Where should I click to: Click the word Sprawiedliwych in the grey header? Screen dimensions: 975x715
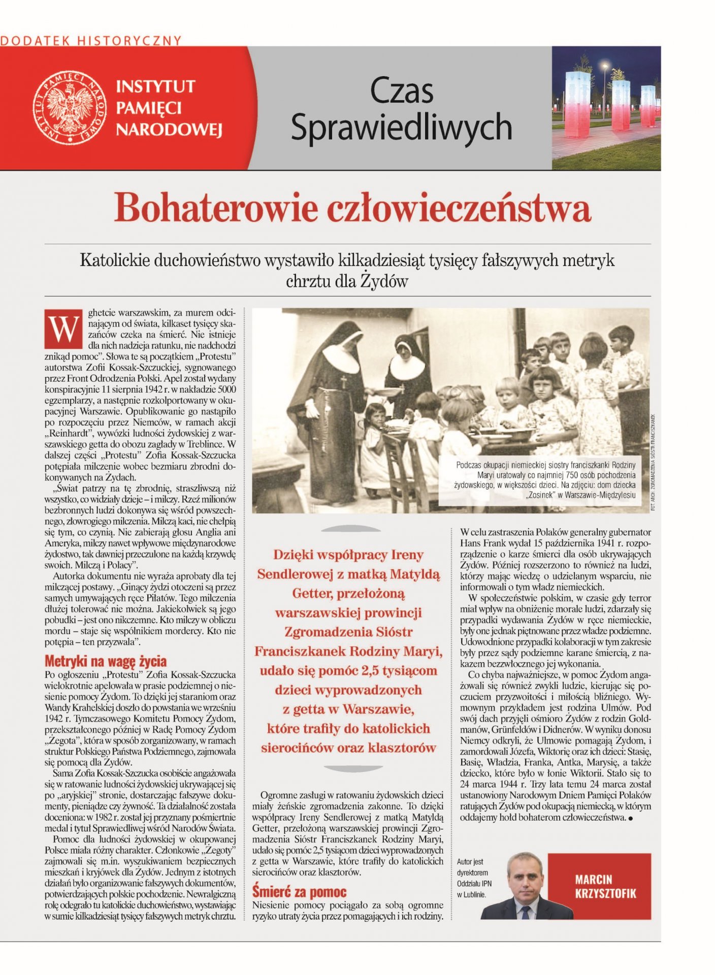401,127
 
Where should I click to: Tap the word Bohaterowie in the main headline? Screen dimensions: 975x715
216,208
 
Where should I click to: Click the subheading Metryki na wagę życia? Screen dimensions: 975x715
106,661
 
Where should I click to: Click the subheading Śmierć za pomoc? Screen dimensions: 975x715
299,892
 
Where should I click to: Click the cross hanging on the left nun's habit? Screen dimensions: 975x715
344,382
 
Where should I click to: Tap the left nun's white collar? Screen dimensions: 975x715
341,359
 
